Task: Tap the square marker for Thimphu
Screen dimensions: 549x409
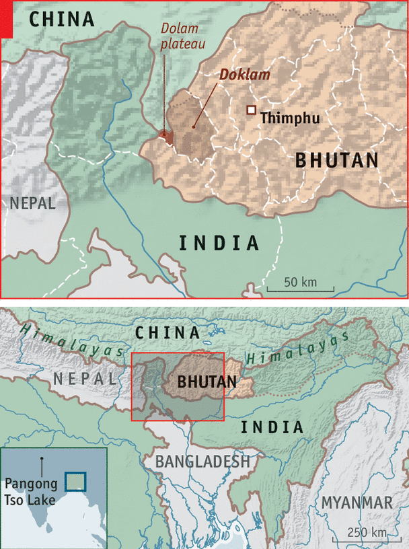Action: point(251,110)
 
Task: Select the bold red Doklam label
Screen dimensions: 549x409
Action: point(244,74)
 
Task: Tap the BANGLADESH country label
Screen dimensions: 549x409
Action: point(202,462)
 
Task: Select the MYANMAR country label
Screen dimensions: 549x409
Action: point(356,503)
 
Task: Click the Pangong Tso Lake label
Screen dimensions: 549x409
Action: point(31,492)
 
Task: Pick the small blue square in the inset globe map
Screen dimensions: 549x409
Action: point(75,481)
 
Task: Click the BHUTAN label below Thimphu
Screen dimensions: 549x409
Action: point(336,161)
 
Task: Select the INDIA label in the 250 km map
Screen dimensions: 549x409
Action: point(272,427)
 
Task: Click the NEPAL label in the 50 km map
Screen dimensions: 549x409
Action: point(32,203)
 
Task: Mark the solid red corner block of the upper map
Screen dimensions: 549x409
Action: point(7,19)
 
